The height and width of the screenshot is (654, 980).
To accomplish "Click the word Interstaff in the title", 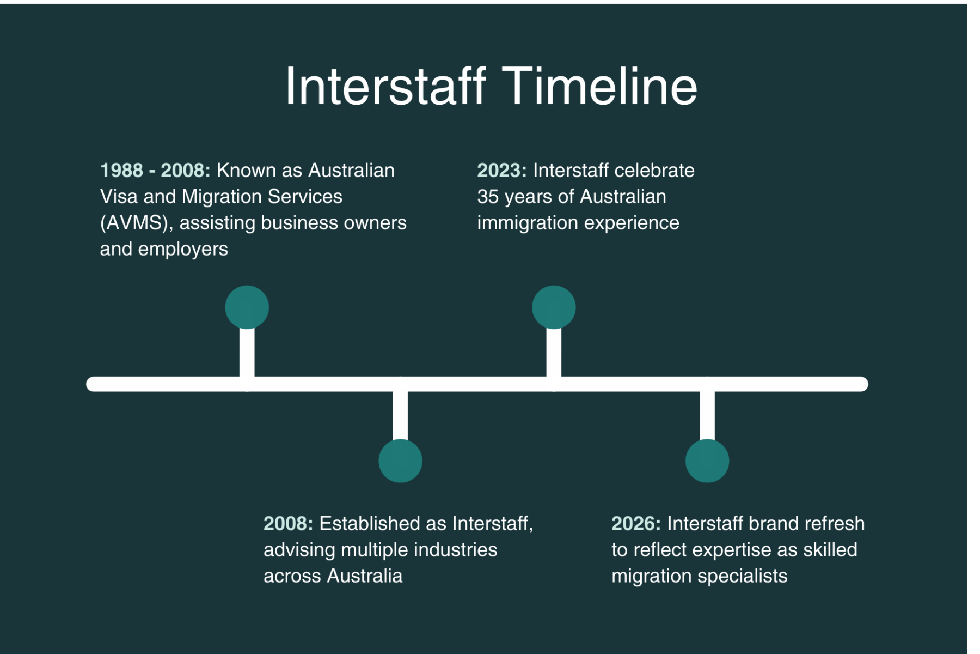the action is tap(385, 86).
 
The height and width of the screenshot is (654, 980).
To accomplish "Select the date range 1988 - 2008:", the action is tap(155, 171).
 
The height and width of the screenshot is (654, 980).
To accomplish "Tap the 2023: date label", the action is tap(502, 171).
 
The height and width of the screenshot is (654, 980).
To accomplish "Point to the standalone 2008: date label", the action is tap(289, 524).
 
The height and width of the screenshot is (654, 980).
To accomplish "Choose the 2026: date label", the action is tap(636, 524).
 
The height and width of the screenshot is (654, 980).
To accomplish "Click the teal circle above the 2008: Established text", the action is tap(400, 461).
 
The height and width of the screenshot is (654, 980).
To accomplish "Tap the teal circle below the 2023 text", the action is tap(554, 307).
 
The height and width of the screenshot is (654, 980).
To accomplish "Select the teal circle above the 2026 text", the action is tap(707, 461).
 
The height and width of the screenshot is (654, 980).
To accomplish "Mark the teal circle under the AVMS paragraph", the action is tap(247, 307).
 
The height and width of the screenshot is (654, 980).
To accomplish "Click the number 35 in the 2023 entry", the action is tap(488, 197).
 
